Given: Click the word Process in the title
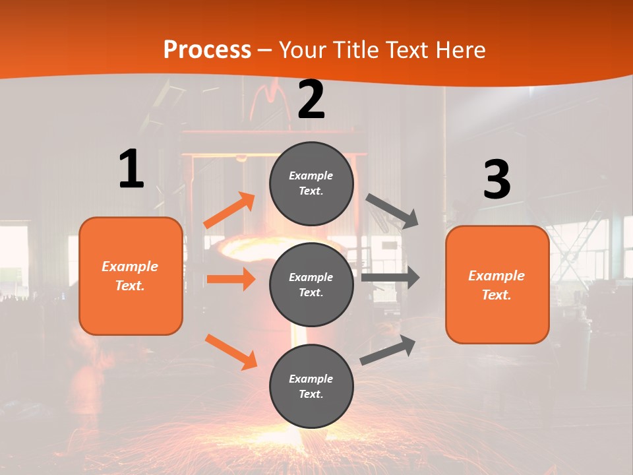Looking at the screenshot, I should (207, 50).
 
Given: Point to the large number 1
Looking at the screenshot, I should (131, 169).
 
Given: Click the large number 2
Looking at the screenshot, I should (311, 100).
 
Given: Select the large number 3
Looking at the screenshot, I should (497, 180).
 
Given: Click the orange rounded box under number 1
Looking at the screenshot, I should (131, 276).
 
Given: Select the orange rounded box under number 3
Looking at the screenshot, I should (497, 284).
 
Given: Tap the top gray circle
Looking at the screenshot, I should (311, 183).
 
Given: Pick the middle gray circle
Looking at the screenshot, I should (311, 284).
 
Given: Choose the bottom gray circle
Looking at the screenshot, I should (311, 386).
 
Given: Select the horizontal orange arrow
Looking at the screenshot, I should (231, 279).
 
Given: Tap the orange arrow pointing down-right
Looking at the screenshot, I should (231, 351).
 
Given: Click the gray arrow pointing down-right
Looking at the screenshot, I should (392, 210).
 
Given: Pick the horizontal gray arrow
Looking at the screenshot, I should (390, 277).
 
